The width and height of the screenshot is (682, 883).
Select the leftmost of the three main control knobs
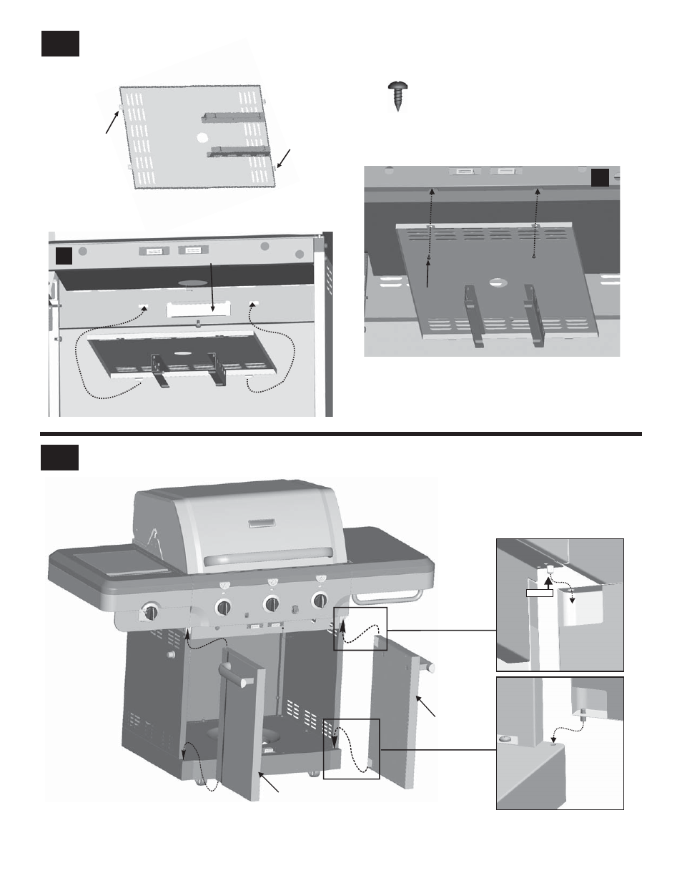point(224,607)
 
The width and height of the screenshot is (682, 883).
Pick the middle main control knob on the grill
point(271,603)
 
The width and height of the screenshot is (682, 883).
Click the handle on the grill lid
point(268,556)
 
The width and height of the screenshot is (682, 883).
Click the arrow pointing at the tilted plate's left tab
point(109,122)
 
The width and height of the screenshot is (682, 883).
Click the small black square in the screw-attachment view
point(600,177)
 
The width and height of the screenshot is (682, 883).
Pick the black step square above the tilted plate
point(59,43)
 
